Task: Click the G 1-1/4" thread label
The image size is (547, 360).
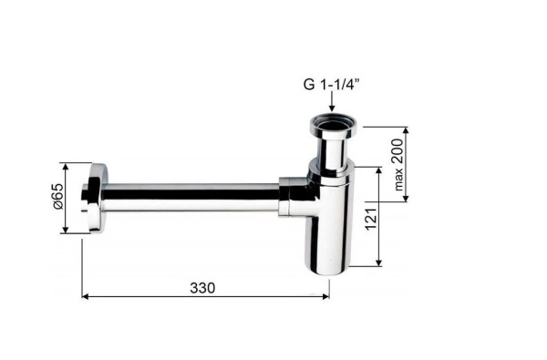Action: coord(331,85)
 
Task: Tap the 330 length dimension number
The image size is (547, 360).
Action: coord(202,288)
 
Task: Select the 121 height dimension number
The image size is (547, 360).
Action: coord(371,219)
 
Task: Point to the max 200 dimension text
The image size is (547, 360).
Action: coord(397,164)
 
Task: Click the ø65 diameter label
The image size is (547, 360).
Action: coord(58,196)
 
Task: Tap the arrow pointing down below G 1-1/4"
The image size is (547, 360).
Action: coord(332,102)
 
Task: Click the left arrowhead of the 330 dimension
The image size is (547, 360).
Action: coord(86,296)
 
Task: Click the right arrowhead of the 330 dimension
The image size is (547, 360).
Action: coord(325,296)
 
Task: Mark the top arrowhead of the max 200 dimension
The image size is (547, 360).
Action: coord(406,131)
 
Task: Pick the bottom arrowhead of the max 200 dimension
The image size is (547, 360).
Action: coord(406,198)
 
